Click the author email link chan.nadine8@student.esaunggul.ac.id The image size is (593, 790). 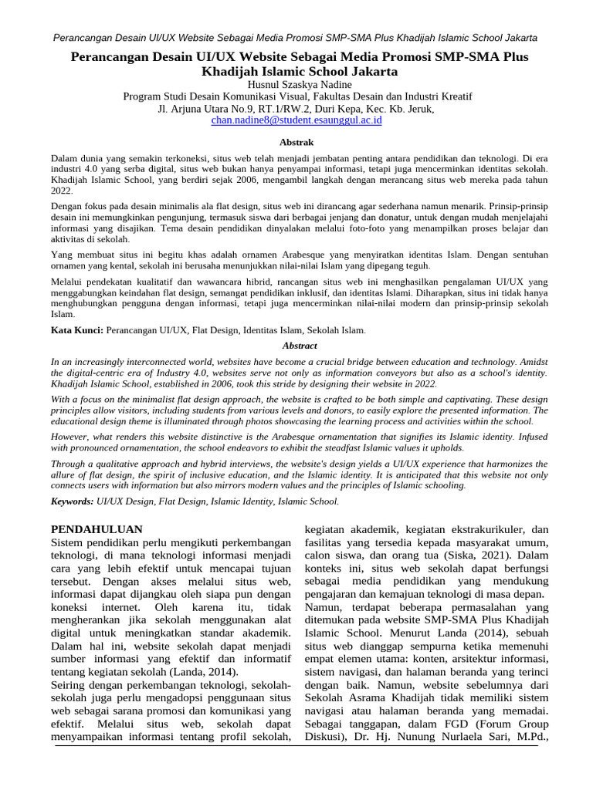coord(296,121)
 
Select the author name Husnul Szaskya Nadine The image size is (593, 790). coord(296,83)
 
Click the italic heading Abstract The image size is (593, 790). coord(300,346)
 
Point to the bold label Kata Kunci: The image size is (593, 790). coord(76,329)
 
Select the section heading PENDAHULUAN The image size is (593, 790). coord(97,528)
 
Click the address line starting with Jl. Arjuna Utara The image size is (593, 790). coord(296,109)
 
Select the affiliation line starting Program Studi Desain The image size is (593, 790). coord(296,96)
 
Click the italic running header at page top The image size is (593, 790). coord(296,38)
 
